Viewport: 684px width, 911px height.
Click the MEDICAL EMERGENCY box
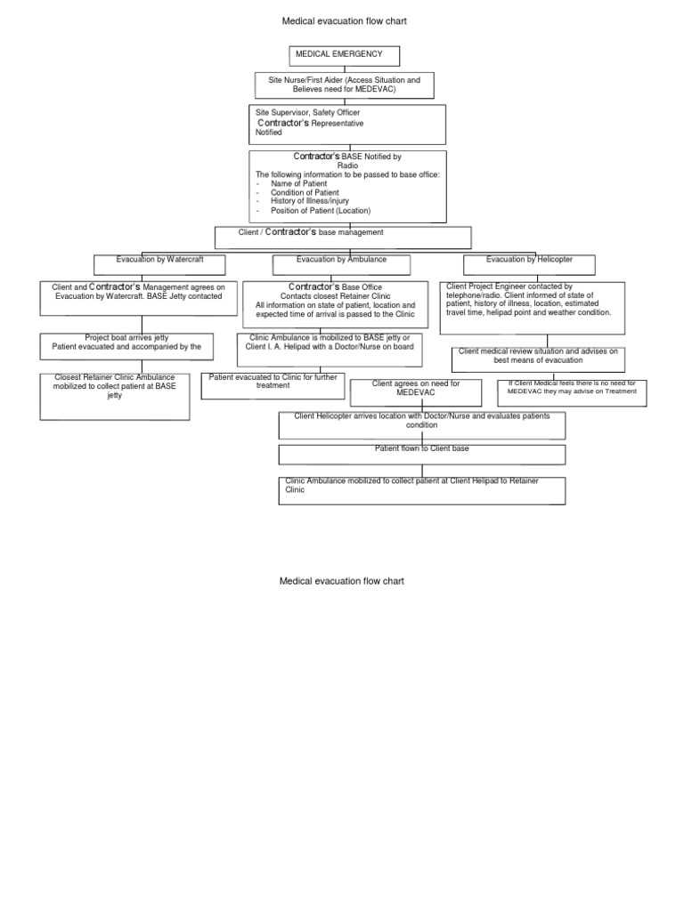[x=344, y=56]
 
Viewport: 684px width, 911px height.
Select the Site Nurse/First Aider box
[x=344, y=85]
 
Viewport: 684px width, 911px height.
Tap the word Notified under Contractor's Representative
[x=268, y=133]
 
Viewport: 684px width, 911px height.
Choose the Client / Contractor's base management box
[x=343, y=236]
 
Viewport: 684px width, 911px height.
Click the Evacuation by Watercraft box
[x=160, y=264]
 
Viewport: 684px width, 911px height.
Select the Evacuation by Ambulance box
[x=341, y=264]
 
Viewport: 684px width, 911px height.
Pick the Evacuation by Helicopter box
[x=529, y=264]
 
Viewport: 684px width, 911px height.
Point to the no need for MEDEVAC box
[x=571, y=391]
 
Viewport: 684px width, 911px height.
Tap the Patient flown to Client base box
[x=421, y=454]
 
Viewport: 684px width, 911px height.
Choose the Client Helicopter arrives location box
[x=421, y=424]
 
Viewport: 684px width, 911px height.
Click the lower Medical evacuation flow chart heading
[x=342, y=581]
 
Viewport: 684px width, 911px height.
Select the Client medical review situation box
[x=537, y=359]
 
